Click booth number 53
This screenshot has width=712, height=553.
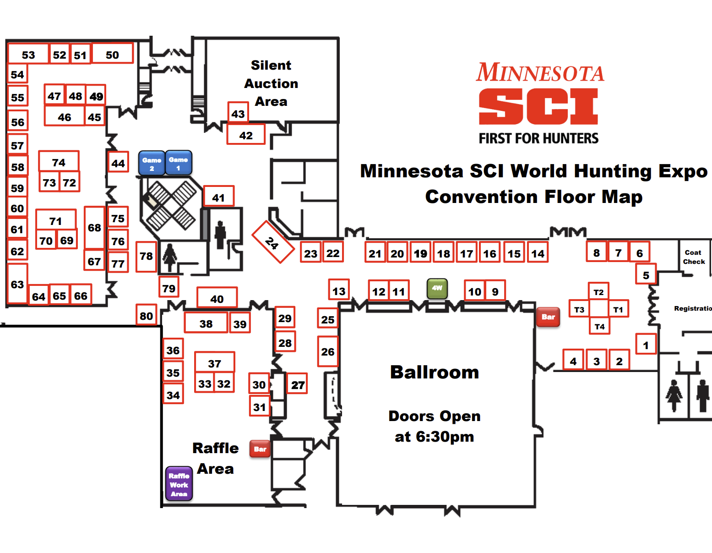(x=28, y=55)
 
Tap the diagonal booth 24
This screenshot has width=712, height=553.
(x=272, y=242)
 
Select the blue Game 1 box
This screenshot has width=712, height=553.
(x=179, y=163)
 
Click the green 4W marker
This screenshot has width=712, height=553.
(x=437, y=288)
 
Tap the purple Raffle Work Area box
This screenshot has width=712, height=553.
(x=179, y=484)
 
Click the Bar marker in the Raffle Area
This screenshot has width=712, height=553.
(x=260, y=449)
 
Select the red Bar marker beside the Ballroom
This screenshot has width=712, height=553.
(x=548, y=317)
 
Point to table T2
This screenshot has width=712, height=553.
(x=598, y=292)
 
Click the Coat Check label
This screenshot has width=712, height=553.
(x=694, y=257)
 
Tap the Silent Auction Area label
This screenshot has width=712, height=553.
(x=271, y=83)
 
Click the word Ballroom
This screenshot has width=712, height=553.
(x=434, y=372)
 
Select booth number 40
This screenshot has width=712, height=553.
(x=217, y=298)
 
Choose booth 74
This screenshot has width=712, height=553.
(x=59, y=162)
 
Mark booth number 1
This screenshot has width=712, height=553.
(x=646, y=345)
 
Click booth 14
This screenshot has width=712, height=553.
(x=538, y=253)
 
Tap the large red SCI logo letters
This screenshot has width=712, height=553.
(x=538, y=106)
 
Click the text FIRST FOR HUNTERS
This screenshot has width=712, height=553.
(x=538, y=138)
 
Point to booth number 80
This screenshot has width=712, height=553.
(x=147, y=315)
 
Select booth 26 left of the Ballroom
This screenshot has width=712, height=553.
(x=328, y=351)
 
